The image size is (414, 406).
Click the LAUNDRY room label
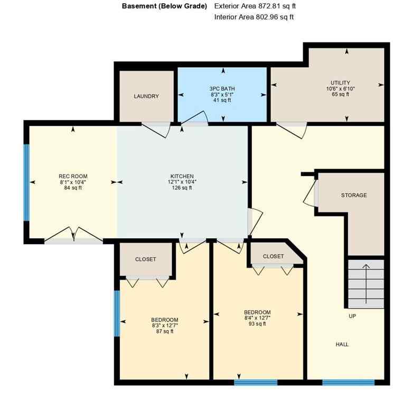tap(146, 96)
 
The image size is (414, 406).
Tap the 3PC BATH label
tap(222, 89)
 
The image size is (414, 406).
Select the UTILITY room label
tap(340, 83)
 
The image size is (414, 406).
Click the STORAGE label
tap(354, 196)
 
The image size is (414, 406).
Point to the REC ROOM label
tap(73, 177)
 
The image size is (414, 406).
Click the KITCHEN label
tap(182, 176)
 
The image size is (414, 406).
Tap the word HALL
tap(342, 345)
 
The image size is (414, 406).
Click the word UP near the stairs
tap(352, 316)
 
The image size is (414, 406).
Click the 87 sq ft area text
tap(164, 332)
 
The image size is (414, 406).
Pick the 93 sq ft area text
tap(257, 324)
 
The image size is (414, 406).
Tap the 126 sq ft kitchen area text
tap(182, 188)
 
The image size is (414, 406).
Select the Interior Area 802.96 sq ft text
tap(254, 17)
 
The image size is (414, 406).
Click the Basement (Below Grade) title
tap(164, 6)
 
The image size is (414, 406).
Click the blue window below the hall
tap(348, 382)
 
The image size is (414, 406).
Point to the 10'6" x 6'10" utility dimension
tap(340, 89)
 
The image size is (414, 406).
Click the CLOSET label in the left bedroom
tap(146, 260)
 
